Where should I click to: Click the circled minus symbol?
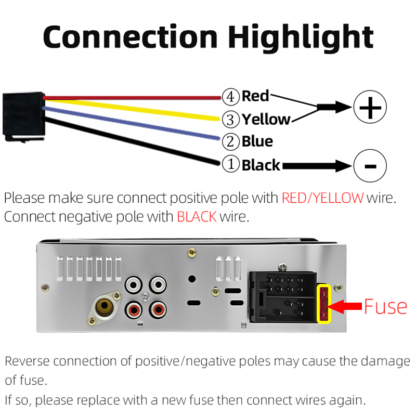[x=370, y=166]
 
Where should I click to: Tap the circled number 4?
[x=230, y=96]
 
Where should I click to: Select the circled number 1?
[x=230, y=165]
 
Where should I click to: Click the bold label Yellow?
[x=266, y=119]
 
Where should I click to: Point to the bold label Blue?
[x=257, y=141]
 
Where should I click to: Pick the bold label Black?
[x=261, y=165]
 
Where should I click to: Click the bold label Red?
[x=255, y=96]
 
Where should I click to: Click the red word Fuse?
[x=385, y=306]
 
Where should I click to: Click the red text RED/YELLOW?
[x=322, y=198]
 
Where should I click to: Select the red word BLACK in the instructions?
[x=197, y=216]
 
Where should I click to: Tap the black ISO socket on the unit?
[x=283, y=296]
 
